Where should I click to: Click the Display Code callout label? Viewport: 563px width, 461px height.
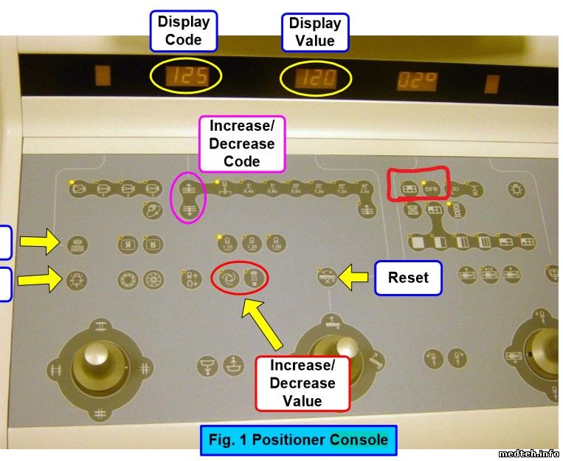pyautogui.click(x=183, y=30)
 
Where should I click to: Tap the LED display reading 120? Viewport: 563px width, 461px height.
pyautogui.click(x=315, y=78)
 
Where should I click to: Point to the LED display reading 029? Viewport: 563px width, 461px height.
pyautogui.click(x=418, y=79)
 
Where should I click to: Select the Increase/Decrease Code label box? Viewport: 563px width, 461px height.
pyautogui.click(x=241, y=143)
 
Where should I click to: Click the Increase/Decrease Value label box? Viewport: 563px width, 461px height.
pyautogui.click(x=302, y=383)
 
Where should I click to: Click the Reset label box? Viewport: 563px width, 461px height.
pyautogui.click(x=407, y=278)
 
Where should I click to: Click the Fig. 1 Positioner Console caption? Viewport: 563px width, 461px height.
pyautogui.click(x=298, y=440)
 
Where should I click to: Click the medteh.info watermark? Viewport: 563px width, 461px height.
pyautogui.click(x=529, y=453)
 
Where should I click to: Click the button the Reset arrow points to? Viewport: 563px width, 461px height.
pyautogui.click(x=328, y=279)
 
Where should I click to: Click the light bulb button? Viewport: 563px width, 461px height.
pyautogui.click(x=517, y=189)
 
